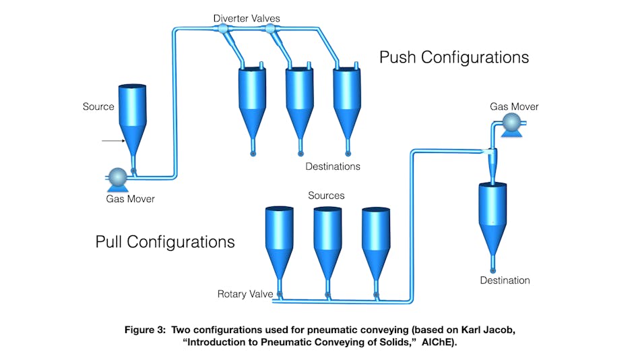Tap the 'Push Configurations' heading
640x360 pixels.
coord(454,57)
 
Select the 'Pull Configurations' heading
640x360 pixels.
coord(165,241)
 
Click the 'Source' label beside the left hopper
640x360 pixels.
coord(98,107)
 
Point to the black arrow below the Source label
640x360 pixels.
coord(113,141)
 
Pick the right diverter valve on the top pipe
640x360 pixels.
coord(271,29)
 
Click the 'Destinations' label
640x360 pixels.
coord(333,167)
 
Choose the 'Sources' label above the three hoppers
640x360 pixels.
coord(326,196)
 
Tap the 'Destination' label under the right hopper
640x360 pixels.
coord(505,280)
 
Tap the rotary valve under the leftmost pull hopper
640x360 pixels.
coord(279,294)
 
